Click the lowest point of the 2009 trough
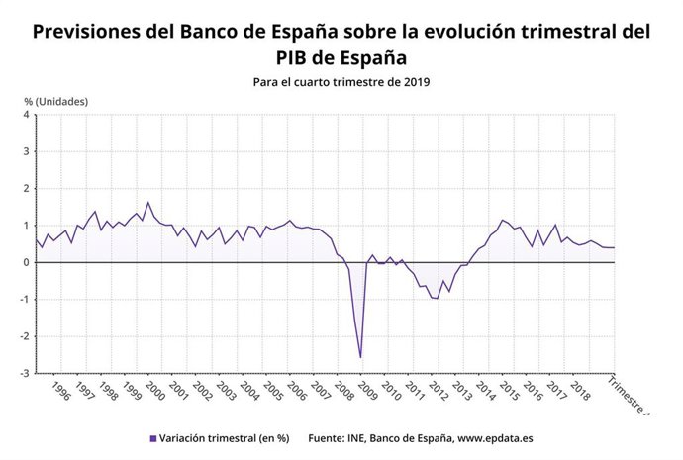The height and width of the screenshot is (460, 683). coord(360,357)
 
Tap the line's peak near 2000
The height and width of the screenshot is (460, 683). coord(148,203)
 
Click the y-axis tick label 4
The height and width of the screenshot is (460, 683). coord(27,115)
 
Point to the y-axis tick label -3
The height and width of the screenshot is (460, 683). coord(25,373)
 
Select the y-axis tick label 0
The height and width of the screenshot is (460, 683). coord(27,262)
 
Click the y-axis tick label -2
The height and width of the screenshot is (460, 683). coord(25,336)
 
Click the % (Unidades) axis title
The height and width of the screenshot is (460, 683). coord(55,101)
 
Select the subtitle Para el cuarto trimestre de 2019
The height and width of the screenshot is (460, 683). coord(341,81)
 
